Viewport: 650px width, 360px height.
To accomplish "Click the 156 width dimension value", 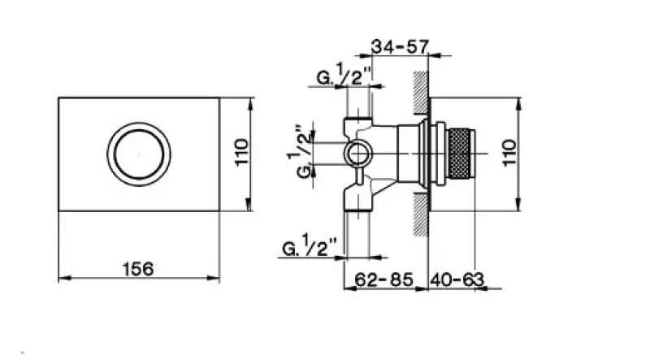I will click(x=139, y=267).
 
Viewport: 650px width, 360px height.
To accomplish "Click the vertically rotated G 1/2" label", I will click(x=298, y=151).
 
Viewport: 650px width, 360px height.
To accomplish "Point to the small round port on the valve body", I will click(x=356, y=153).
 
